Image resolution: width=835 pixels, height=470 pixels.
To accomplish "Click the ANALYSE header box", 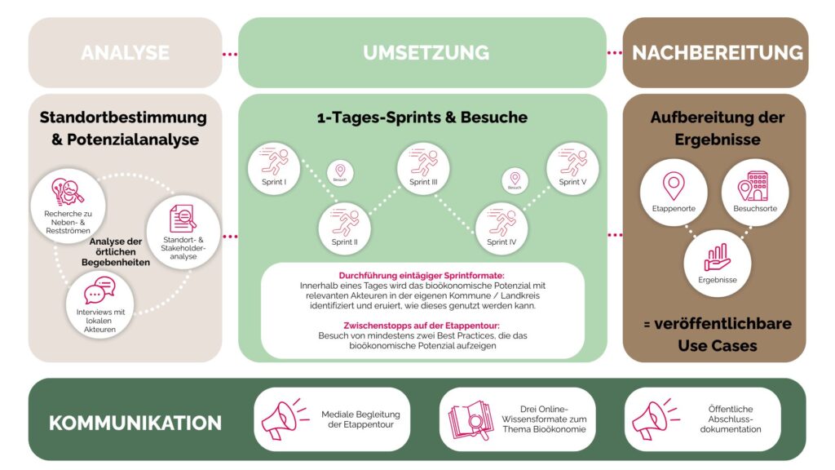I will click(125, 53).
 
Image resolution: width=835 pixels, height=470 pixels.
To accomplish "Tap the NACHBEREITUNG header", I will click(717, 53).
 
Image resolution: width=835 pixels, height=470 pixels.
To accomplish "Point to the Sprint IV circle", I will click(501, 228).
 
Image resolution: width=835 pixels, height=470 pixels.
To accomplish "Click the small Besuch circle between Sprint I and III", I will click(340, 172).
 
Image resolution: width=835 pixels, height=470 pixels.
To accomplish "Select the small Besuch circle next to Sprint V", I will click(514, 180).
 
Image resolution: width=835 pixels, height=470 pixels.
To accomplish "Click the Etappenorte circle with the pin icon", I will click(674, 192).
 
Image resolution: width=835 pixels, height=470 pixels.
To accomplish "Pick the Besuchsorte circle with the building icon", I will click(755, 192).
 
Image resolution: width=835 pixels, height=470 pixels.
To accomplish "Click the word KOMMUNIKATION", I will click(135, 423).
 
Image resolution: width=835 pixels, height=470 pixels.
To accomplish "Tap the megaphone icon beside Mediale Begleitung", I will click(282, 419).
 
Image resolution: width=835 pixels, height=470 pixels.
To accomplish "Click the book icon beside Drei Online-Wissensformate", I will click(471, 419).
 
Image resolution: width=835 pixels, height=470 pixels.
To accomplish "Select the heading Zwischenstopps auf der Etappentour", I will click(422, 324).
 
